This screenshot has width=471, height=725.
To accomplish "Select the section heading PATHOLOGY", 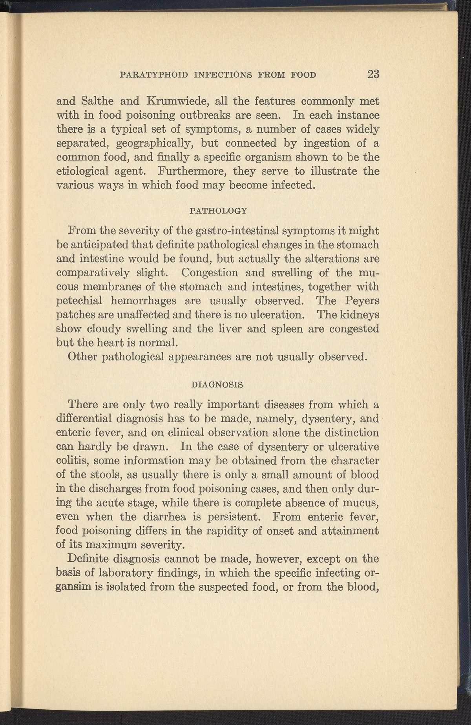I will tap(218, 211).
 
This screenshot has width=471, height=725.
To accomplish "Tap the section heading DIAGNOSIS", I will tap(217, 385).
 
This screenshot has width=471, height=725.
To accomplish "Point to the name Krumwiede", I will tap(176, 101).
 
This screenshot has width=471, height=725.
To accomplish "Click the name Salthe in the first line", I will tap(97, 101).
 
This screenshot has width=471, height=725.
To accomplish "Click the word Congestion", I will tap(210, 272).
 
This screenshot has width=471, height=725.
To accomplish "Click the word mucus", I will tap(363, 503).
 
